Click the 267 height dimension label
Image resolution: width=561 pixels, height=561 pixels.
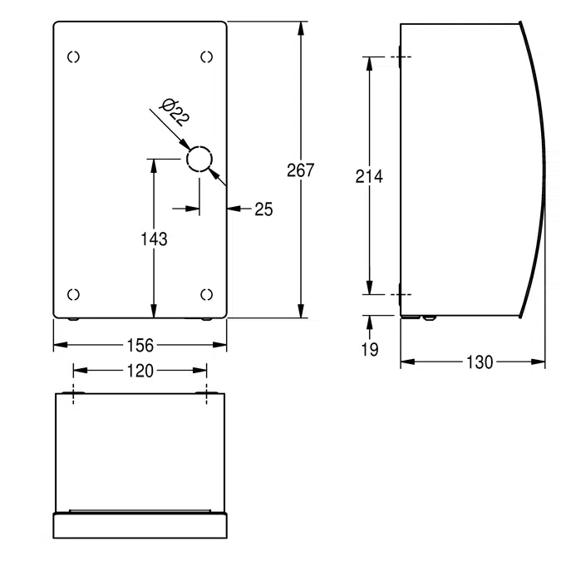(301, 170)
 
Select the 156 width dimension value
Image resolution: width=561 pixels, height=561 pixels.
(140, 345)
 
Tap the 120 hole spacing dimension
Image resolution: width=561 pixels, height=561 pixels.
(140, 371)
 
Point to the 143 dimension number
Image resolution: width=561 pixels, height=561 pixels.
(155, 239)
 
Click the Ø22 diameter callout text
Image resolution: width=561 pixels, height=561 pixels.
(175, 112)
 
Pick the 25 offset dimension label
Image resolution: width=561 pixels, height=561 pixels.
(263, 209)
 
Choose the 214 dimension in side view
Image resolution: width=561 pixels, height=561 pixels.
(369, 176)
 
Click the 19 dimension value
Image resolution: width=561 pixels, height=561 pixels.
(370, 349)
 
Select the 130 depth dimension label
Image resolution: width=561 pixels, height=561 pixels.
(480, 362)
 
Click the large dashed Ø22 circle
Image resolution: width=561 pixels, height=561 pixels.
(199, 160)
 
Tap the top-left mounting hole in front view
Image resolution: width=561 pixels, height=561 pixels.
(73, 57)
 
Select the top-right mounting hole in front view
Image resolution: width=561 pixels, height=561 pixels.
(206, 57)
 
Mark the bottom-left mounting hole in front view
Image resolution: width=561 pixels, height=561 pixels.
(73, 294)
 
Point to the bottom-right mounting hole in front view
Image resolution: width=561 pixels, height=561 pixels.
(206, 294)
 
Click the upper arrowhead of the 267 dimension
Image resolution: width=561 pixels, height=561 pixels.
(301, 28)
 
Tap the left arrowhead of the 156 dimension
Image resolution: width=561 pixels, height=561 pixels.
(61, 345)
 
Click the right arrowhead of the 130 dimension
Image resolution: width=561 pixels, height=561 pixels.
(538, 362)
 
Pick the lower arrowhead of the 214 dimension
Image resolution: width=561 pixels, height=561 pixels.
(370, 288)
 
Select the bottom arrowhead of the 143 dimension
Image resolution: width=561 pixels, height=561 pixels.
(154, 311)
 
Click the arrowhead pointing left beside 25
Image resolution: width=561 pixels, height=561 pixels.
(234, 209)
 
